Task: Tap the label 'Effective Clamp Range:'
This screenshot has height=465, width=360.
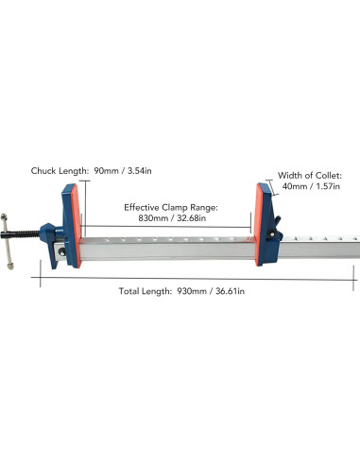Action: click(x=171, y=207)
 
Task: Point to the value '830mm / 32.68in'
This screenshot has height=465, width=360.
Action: click(x=171, y=220)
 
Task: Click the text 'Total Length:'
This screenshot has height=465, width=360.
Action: click(x=145, y=291)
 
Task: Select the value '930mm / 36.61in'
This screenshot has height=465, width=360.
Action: click(x=210, y=291)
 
